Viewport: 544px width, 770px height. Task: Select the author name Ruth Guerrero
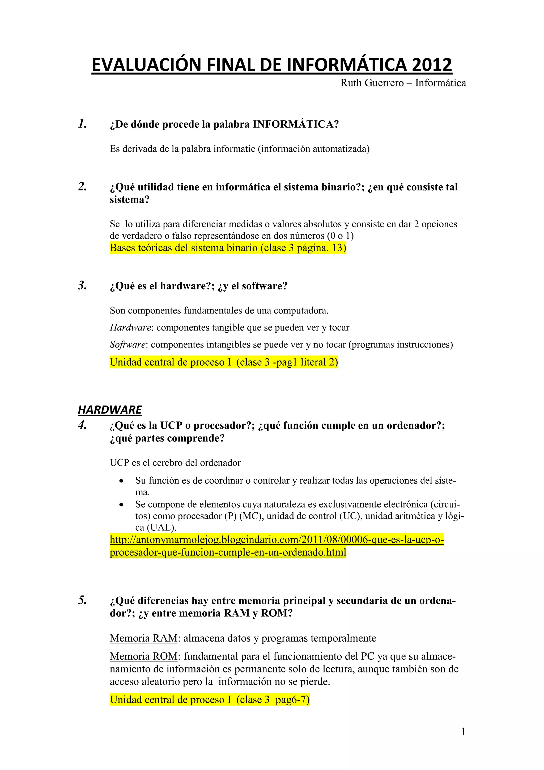pos(372,83)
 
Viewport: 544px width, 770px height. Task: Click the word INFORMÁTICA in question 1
pos(293,124)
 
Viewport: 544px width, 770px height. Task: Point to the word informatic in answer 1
pos(235,149)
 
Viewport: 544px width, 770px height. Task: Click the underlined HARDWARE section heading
pos(110,409)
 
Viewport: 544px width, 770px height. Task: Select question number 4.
pos(82,425)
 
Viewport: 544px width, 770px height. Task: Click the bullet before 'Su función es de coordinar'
pos(121,481)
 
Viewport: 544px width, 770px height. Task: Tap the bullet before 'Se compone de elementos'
pos(121,505)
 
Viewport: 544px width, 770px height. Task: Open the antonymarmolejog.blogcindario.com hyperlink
pos(277,540)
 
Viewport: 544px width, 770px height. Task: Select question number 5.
pos(82,600)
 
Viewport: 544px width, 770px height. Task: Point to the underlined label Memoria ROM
pos(144,656)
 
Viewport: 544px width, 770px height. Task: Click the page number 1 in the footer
pos(463,732)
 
